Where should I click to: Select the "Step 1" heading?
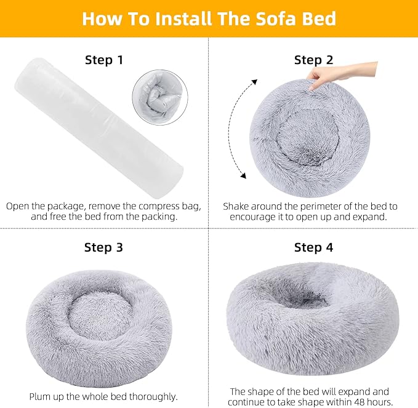tap(103, 60)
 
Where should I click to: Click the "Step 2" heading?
tap(313, 60)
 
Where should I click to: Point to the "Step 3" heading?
tap(103, 247)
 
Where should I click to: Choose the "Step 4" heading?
tap(313, 247)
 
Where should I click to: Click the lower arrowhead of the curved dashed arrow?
tap(243, 177)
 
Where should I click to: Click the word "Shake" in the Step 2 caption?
tap(237, 206)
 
